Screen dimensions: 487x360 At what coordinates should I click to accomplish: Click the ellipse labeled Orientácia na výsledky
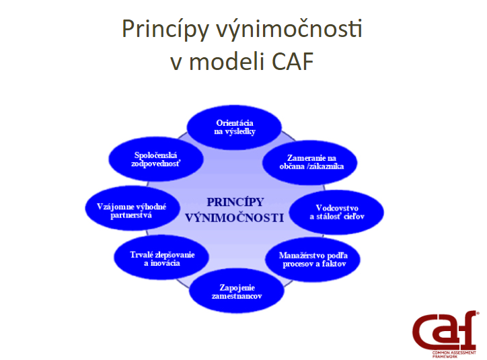(x=234, y=127)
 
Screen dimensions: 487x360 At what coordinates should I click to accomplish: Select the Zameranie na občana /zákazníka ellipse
(x=309, y=162)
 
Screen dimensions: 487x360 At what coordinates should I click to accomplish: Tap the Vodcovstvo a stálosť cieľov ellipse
(x=337, y=212)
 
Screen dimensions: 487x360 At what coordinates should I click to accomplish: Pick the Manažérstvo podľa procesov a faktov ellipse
(x=313, y=259)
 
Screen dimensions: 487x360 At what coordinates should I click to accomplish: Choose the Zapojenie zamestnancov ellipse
(x=237, y=291)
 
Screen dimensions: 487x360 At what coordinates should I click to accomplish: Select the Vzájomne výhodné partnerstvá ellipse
(x=133, y=208)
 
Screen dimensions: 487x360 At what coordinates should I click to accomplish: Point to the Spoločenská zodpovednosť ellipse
(x=156, y=159)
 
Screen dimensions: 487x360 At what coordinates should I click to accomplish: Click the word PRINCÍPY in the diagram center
(x=235, y=203)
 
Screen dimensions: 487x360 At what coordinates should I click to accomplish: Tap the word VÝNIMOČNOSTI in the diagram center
(x=235, y=218)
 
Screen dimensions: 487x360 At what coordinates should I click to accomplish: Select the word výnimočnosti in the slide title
(x=289, y=29)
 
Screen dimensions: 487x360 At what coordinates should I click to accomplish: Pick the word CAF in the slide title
(x=293, y=61)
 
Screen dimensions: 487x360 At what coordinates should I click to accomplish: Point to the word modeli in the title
(x=227, y=61)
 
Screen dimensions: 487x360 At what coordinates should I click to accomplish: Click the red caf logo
(x=445, y=330)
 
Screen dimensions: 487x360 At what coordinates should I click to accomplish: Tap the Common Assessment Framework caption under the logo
(x=454, y=355)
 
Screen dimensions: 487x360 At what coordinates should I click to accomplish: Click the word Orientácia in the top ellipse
(x=235, y=123)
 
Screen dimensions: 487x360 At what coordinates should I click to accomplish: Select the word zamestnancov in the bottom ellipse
(x=237, y=296)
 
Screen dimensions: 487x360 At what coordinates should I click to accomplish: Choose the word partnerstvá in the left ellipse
(x=131, y=215)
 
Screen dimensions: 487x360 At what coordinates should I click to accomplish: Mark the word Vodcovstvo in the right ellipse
(x=337, y=208)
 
